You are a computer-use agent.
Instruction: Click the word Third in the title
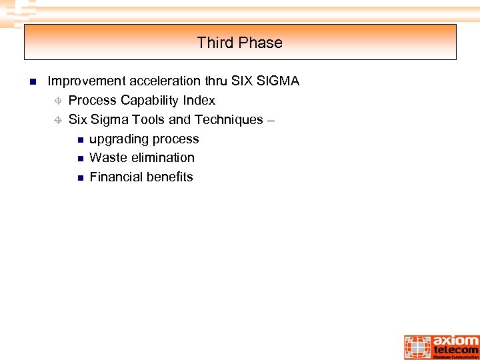pos(213,43)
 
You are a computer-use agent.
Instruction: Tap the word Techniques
pos(229,120)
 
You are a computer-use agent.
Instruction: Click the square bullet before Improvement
pos(31,82)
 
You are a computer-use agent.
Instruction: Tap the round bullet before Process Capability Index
pos(58,101)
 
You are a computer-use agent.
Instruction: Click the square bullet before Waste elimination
pos(80,159)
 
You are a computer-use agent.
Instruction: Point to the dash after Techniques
pos(271,121)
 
